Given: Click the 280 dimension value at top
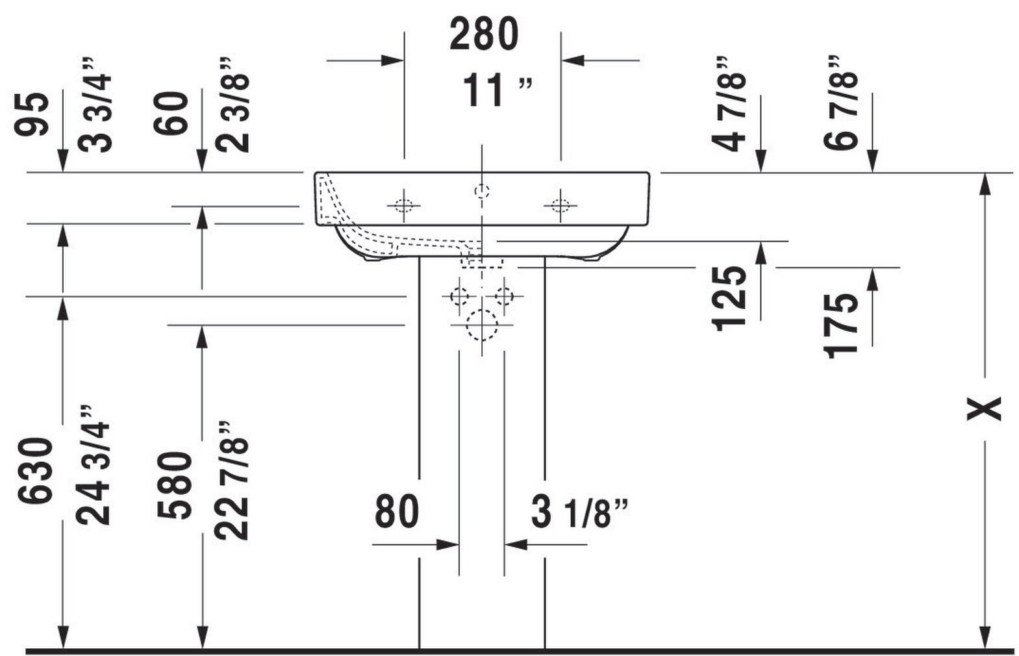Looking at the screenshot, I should coord(484,34).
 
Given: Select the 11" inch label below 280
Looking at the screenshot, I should coord(497,90).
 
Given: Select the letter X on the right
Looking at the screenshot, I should coord(985,409).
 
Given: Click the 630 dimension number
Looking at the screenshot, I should coord(36,470).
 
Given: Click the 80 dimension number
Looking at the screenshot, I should coord(397,511).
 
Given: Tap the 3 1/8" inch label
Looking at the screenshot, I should coord(579,512).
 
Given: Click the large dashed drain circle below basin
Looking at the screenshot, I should coord(481,325).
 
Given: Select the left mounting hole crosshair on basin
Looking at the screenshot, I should coord(404,205).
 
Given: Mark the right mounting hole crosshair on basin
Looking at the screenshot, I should coord(560,205).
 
